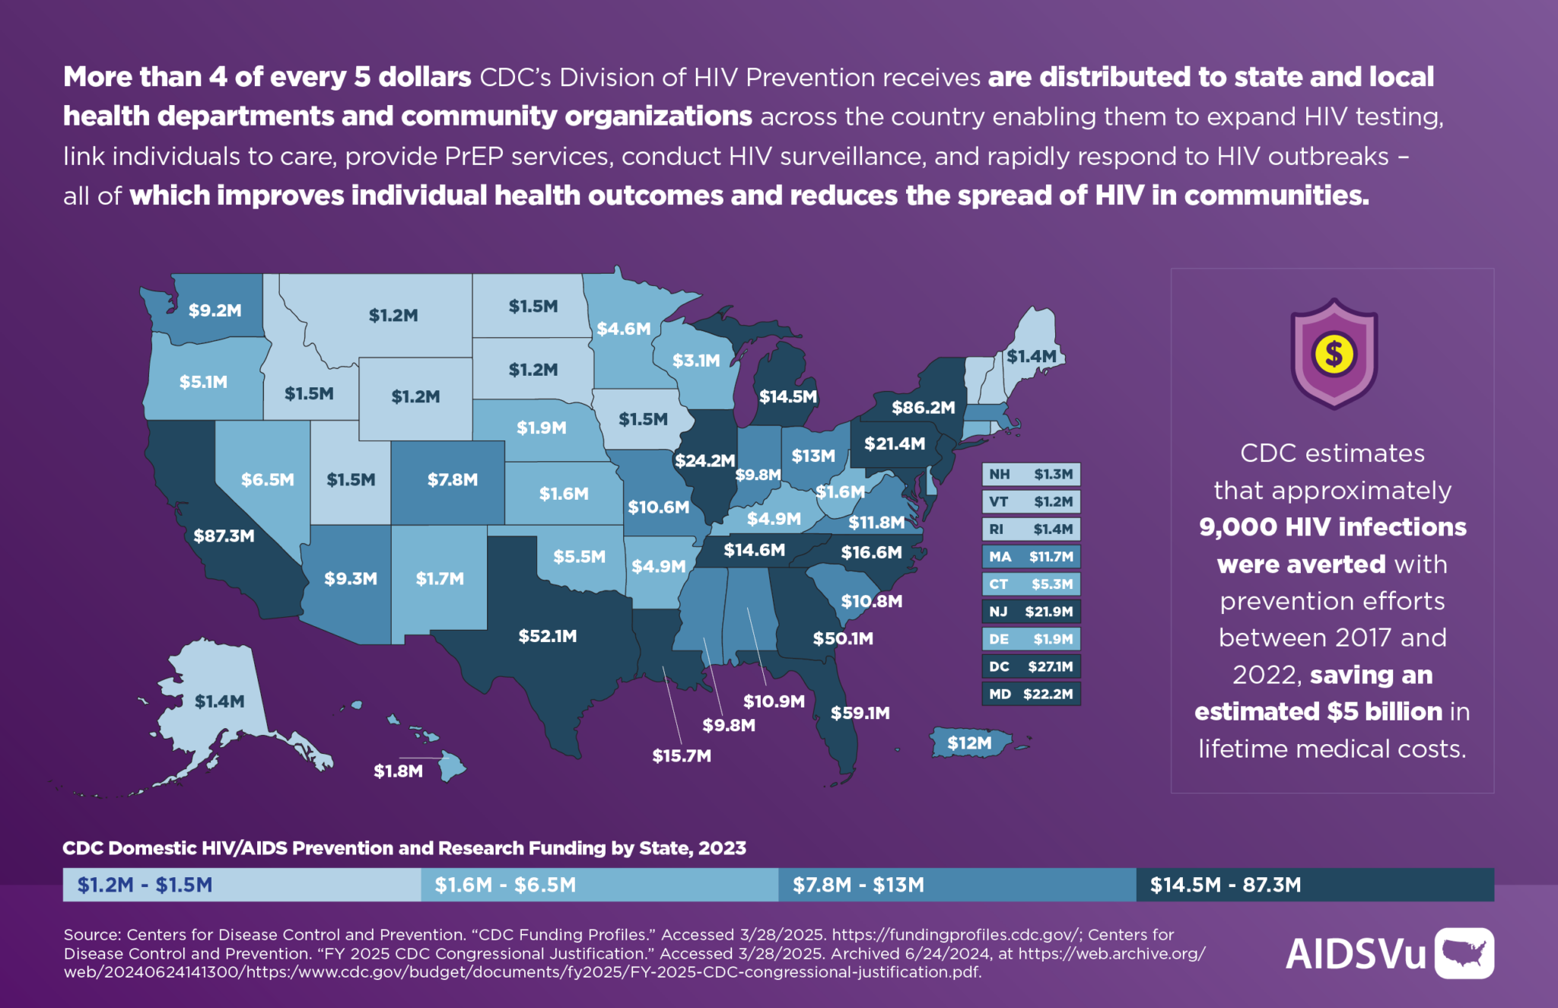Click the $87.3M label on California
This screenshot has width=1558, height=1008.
[224, 536]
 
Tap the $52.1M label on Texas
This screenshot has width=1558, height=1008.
[547, 636]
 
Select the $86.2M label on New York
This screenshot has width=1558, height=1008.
[923, 408]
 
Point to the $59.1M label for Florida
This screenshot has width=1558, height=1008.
[860, 713]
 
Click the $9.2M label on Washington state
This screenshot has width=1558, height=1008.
[215, 310]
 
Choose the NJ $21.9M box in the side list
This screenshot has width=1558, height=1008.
[1031, 612]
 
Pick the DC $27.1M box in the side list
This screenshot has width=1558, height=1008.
[1031, 666]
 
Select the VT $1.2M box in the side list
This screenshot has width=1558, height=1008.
[1031, 502]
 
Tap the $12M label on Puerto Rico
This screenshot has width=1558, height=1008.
[969, 743]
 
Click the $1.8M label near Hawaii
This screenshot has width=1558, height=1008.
[398, 771]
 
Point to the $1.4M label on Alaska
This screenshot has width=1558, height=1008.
[219, 701]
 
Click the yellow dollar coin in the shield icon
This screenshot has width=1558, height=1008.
[1334, 354]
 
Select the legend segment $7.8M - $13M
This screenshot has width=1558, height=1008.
[956, 885]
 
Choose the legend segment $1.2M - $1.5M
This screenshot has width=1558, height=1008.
[241, 885]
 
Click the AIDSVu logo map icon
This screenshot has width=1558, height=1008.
[1464, 952]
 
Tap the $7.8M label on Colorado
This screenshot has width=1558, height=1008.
[452, 480]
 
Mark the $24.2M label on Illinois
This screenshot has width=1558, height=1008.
[704, 460]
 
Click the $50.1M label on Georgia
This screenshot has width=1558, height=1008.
[842, 638]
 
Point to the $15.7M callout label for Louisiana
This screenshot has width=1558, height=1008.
[682, 755]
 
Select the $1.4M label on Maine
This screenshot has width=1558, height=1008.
[1031, 356]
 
